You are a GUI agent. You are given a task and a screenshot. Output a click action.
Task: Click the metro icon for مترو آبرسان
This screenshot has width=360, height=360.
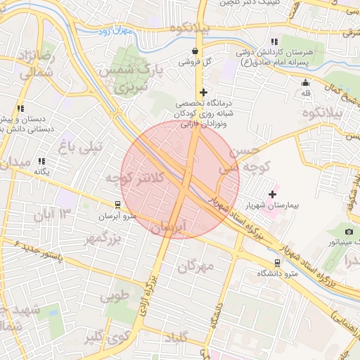pos(117,205)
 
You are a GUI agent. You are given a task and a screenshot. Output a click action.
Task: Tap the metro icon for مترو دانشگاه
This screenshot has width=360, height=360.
pos(278,262)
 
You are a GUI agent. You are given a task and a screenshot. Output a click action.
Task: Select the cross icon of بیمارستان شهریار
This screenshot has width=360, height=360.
pos(273,193)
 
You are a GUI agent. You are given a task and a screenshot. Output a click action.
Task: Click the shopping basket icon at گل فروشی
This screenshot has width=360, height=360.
pos(195,51)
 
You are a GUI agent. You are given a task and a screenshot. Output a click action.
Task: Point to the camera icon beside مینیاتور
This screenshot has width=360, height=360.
pos(349,231)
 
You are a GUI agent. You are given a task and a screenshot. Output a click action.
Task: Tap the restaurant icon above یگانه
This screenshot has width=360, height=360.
pos(42,161)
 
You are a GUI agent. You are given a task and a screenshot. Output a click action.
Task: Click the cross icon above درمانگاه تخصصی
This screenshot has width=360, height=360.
pos(203,92)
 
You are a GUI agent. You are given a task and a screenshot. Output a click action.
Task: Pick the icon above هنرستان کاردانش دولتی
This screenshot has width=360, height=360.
pos(274,42)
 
